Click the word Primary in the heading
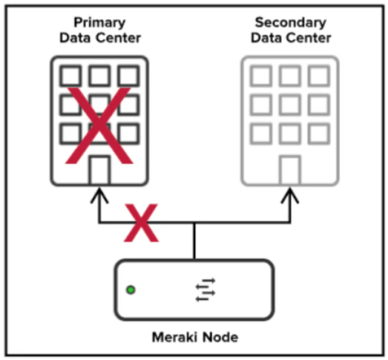[99, 23]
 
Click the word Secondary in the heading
[291, 22]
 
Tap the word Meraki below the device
[174, 337]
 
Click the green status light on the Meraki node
[131, 289]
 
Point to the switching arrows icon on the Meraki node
[205, 289]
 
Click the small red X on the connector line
[141, 223]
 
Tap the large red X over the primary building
[99, 125]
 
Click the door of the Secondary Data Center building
[290, 170]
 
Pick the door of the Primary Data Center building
[99, 170]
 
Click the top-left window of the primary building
[70, 76]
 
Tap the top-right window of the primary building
[128, 76]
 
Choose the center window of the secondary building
[290, 105]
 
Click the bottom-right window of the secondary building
[319, 134]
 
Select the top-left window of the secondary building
[261, 76]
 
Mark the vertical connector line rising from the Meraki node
[194, 241]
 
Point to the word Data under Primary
[75, 38]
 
